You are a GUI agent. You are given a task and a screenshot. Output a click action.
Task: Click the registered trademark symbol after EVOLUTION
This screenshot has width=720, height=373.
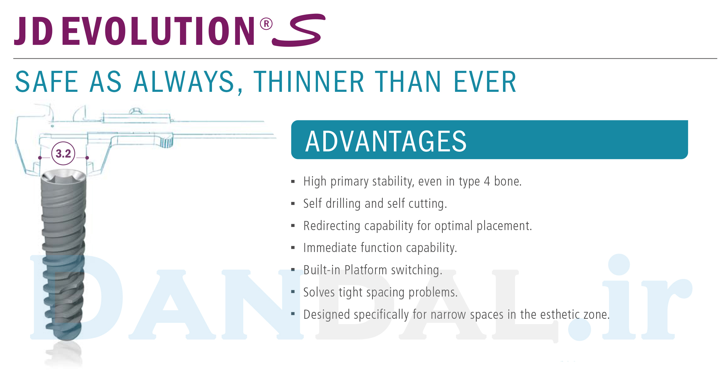pyautogui.click(x=266, y=24)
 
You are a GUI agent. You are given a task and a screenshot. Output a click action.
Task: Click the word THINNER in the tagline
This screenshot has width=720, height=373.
pyautogui.click(x=309, y=82)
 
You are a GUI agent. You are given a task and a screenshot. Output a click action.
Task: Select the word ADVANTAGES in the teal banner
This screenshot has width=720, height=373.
pyautogui.click(x=386, y=141)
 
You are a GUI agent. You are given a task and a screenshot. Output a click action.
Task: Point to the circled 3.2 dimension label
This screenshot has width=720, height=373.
pyautogui.click(x=63, y=154)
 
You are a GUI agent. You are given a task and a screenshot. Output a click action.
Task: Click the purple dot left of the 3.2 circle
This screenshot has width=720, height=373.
pyautogui.click(x=40, y=158)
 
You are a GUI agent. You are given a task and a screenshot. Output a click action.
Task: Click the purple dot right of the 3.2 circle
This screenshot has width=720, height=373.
pyautogui.click(x=87, y=158)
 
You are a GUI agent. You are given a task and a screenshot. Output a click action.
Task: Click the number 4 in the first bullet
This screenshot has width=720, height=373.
pyautogui.click(x=487, y=181)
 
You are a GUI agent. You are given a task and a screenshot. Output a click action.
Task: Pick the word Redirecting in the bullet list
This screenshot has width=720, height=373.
pyautogui.click(x=332, y=226)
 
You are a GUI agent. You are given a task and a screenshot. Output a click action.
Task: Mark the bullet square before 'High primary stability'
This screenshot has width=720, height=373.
pyautogui.click(x=293, y=181)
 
